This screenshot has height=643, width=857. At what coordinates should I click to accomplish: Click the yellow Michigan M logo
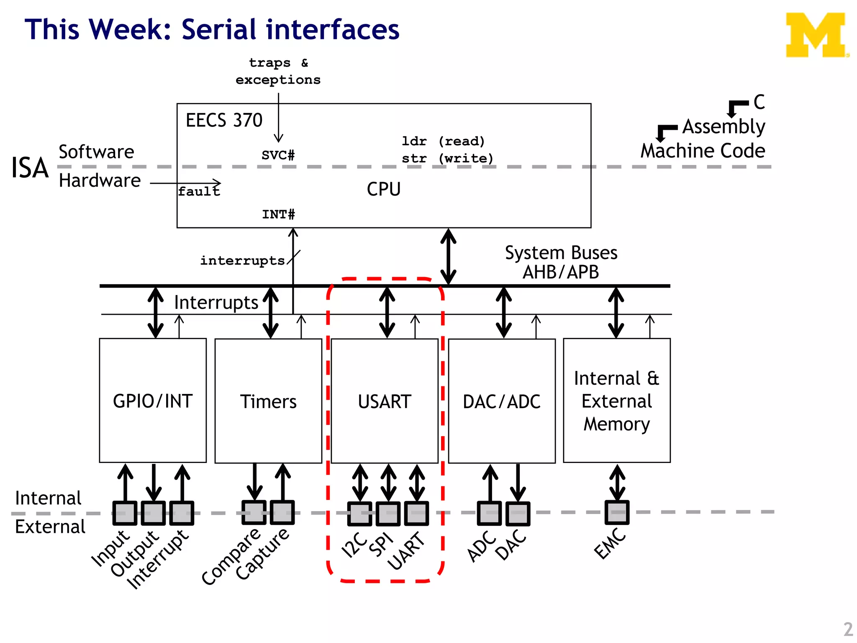[816, 35]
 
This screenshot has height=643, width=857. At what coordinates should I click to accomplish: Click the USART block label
[385, 401]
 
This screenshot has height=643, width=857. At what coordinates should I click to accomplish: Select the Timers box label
[268, 401]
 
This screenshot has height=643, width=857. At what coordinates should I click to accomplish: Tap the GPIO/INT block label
[153, 401]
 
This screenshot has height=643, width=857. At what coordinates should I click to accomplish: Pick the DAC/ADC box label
[501, 402]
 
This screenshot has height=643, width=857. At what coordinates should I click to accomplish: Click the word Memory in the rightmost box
[616, 424]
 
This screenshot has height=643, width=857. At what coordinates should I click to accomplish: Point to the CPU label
[384, 189]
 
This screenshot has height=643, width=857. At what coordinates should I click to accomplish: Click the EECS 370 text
[224, 121]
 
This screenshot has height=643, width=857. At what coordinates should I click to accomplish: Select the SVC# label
[278, 155]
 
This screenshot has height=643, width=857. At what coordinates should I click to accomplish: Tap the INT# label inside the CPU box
[278, 214]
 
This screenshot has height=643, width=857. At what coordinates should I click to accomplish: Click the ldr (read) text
[443, 141]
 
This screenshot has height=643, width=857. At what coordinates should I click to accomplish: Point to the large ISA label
[30, 168]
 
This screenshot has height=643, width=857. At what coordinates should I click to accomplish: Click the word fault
[199, 192]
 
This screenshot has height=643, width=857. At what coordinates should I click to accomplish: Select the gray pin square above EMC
[617, 512]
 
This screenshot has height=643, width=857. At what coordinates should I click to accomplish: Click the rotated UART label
[405, 550]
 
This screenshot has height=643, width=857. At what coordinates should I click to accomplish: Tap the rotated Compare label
[231, 556]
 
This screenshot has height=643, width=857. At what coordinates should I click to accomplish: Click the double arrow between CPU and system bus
[448, 257]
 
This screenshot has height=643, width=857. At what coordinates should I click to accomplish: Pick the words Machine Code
[703, 151]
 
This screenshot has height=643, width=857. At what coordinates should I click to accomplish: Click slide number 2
[848, 629]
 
